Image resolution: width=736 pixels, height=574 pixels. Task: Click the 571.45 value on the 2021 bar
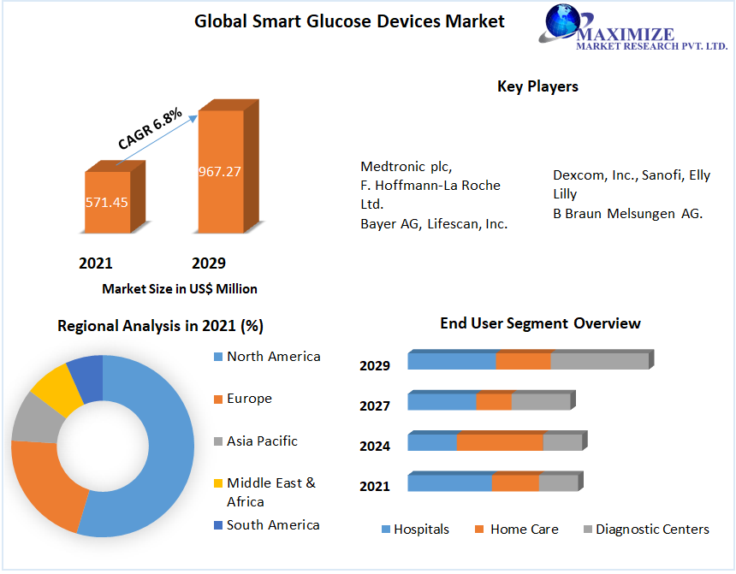tap(107, 203)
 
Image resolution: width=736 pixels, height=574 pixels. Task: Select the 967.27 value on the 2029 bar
tap(220, 171)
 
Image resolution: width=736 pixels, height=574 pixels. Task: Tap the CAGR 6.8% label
tap(150, 129)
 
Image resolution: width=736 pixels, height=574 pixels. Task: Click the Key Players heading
tap(537, 86)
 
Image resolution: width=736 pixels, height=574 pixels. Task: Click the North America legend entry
tap(273, 357)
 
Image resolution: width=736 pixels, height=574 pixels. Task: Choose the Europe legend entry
tap(249, 399)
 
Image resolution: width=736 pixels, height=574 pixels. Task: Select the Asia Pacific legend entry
tap(262, 441)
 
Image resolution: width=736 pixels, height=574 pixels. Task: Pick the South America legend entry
tap(273, 525)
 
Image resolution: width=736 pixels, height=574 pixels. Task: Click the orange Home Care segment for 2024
tap(500, 442)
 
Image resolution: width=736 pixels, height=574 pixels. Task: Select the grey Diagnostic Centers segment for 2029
tap(599, 361)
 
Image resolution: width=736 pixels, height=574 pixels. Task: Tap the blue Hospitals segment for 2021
tap(449, 483)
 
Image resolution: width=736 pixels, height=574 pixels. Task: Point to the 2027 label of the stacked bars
tap(375, 406)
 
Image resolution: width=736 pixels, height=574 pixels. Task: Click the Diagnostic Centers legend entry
tap(652, 530)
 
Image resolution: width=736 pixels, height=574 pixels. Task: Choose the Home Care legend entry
tap(524, 530)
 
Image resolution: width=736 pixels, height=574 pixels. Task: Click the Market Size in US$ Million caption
tap(180, 289)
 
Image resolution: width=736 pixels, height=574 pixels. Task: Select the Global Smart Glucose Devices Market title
tap(350, 21)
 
